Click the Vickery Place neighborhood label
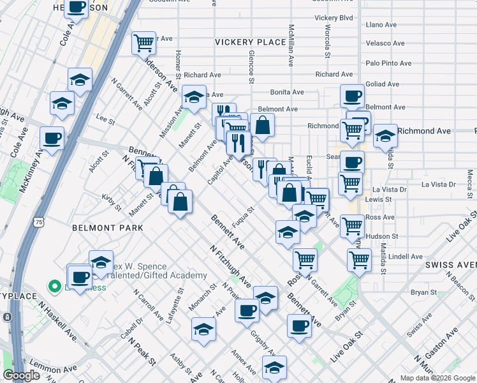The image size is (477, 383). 250,42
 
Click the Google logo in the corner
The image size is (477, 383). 22,375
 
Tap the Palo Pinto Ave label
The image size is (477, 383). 388,63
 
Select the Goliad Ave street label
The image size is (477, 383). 383,84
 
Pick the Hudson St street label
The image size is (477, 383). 383,236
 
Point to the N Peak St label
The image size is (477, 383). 142,350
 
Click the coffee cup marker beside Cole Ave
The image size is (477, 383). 52,137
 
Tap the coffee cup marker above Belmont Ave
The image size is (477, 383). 352,97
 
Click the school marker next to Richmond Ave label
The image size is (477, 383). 385,135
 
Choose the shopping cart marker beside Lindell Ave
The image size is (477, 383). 360,260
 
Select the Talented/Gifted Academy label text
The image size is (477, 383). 159,276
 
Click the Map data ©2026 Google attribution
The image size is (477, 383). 437,378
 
